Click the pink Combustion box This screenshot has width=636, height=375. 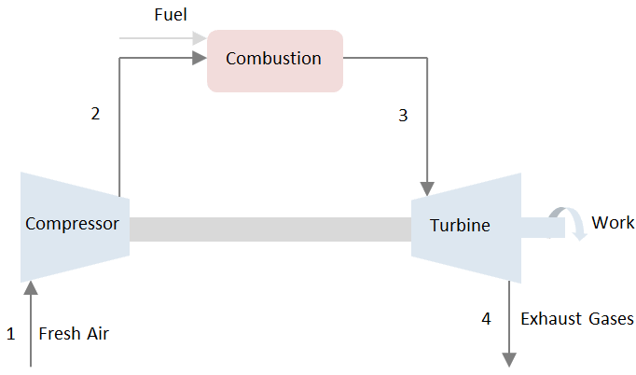[274, 60]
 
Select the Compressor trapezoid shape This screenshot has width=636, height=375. [74, 224]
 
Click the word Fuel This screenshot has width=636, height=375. [170, 16]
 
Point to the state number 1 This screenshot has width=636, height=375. [11, 333]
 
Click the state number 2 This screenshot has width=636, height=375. [95, 114]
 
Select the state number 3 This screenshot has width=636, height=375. [403, 116]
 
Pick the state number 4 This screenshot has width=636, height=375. [486, 319]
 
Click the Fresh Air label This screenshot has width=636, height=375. [74, 333]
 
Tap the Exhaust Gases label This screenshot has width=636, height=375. [576, 319]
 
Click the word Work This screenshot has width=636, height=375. [613, 223]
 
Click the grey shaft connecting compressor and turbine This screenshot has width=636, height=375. [270, 229]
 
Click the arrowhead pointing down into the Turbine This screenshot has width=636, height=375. [427, 187]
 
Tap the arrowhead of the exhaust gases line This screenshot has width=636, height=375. [510, 359]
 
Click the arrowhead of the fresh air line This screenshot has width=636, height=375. [32, 289]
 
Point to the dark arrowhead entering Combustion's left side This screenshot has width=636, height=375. [199, 59]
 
